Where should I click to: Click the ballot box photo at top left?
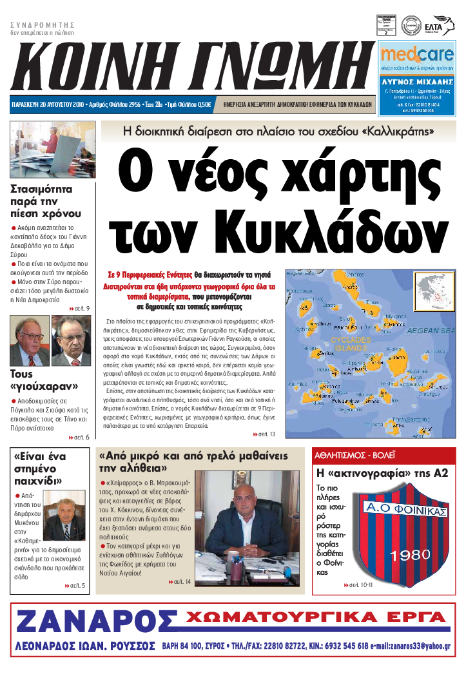(x=53, y=150)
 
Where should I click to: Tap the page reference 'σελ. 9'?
(x=81, y=309)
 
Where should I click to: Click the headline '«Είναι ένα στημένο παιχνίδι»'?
(x=42, y=468)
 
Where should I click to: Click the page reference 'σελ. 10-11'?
(x=362, y=586)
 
